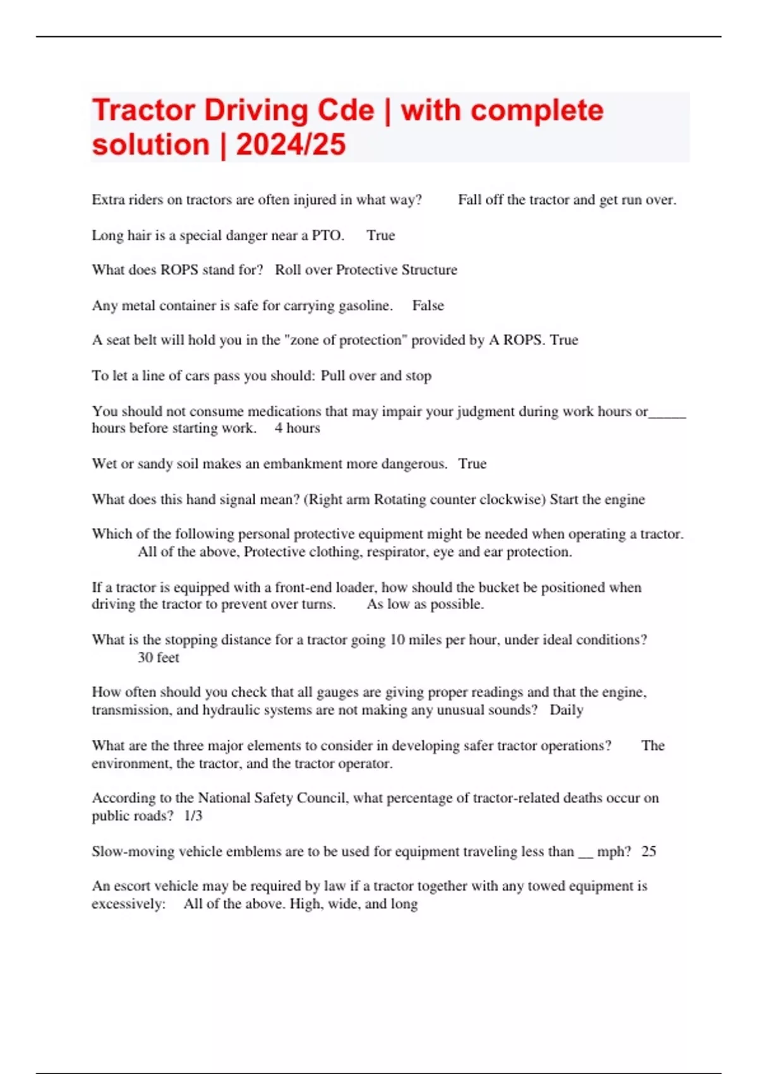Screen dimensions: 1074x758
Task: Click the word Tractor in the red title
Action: tap(143, 111)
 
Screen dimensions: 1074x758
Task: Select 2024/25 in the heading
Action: tap(291, 145)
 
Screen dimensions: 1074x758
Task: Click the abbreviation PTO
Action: tap(327, 236)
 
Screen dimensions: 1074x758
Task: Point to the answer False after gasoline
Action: tap(428, 306)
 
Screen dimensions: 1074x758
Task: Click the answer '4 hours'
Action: tap(297, 428)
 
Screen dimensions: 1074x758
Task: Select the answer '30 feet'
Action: tap(158, 658)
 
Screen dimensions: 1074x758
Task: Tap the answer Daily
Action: tap(566, 710)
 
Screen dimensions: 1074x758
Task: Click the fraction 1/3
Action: tap(193, 816)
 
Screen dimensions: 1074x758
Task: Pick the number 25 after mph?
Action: tap(649, 852)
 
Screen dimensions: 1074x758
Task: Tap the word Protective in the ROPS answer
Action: tap(366, 270)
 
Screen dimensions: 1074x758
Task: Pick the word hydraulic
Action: tap(231, 710)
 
